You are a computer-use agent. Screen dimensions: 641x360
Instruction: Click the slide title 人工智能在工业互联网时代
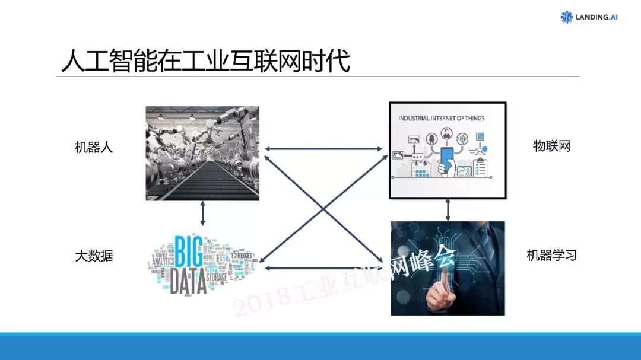[205, 62]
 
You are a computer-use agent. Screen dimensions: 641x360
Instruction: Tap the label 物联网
[551, 146]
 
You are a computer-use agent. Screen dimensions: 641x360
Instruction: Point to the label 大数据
[94, 257]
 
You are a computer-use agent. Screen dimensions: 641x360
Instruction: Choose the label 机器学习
[551, 256]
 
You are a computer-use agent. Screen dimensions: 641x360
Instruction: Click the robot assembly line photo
[202, 153]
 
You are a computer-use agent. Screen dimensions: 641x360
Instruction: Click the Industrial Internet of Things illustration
[448, 150]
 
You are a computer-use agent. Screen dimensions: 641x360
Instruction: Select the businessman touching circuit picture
[448, 268]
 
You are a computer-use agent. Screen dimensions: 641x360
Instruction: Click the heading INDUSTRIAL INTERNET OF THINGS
[442, 118]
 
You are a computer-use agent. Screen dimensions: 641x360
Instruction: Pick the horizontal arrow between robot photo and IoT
[324, 149]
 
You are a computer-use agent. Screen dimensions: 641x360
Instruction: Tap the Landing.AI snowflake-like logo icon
[567, 17]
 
